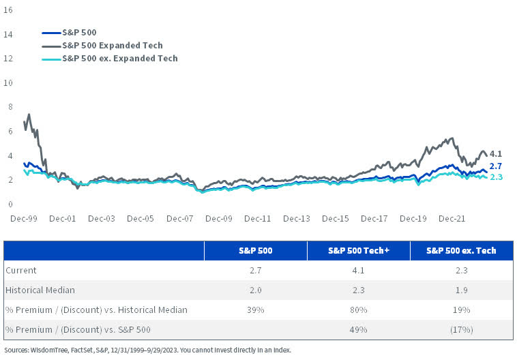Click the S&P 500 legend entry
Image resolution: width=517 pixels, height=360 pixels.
(80, 32)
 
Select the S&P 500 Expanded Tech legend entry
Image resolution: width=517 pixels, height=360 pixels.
(112, 45)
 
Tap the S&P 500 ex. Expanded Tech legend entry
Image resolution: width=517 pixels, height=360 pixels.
(119, 59)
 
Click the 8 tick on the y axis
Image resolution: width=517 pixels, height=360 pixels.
(10, 107)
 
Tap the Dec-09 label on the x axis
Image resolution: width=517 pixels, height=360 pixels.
(219, 219)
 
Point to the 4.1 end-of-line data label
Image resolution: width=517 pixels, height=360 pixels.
(496, 155)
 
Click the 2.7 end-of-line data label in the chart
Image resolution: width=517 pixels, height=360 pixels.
(496, 166)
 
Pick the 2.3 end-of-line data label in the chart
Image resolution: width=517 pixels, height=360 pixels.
(496, 177)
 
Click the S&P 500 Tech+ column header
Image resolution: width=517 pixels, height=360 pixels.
(358, 251)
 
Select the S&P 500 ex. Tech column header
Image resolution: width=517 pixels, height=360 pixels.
(461, 251)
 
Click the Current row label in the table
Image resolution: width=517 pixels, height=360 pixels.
(20, 271)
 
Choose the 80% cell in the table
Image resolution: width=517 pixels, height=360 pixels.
(358, 310)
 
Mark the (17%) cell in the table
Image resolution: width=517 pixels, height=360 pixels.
(461, 330)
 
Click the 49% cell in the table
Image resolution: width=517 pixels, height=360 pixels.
(358, 330)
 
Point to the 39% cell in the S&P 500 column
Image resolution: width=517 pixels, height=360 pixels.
(256, 310)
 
